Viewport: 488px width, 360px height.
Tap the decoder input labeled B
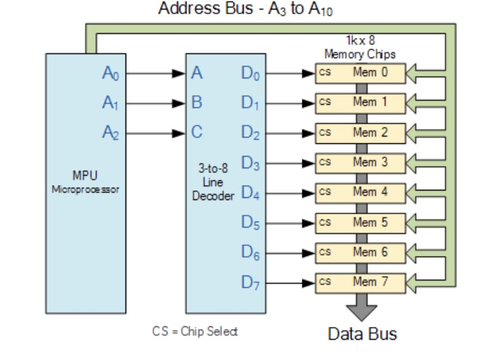[x=196, y=103]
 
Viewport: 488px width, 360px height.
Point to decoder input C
[x=196, y=133]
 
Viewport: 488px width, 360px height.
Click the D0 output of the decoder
[x=250, y=74]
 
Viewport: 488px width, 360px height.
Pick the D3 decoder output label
[x=250, y=163]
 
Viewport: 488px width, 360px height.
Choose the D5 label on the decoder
[x=250, y=222]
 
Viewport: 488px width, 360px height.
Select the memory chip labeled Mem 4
[x=360, y=192]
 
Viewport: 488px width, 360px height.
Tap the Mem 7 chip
[x=360, y=281]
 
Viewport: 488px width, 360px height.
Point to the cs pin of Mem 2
[x=325, y=132]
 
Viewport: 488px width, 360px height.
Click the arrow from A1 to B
[x=156, y=103]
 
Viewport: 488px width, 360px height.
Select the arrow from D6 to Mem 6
[x=289, y=251]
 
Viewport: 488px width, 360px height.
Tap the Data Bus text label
[x=362, y=334]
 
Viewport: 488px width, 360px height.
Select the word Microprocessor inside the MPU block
[x=85, y=190]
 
